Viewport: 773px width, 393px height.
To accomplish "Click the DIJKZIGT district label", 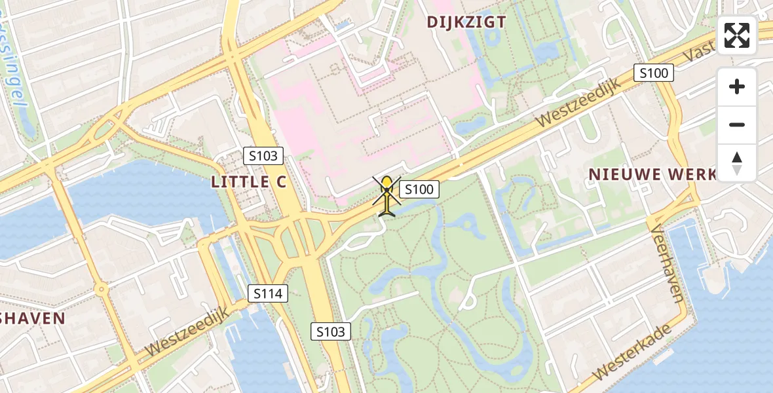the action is point(466,22).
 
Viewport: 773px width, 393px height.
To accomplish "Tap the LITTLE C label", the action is point(249,182).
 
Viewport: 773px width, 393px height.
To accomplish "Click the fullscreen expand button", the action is point(737,35).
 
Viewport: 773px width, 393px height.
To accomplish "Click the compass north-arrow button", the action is point(737,163).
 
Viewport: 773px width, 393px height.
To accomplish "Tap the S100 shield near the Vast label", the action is point(654,73).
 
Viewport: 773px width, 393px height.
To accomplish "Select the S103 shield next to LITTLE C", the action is point(264,156).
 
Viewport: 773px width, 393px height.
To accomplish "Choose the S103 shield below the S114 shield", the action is point(331,331).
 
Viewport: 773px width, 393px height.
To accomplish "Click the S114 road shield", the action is point(269,293).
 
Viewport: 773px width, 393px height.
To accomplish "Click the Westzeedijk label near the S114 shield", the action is point(187,333).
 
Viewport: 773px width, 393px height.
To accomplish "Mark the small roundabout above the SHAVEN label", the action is point(100,288).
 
